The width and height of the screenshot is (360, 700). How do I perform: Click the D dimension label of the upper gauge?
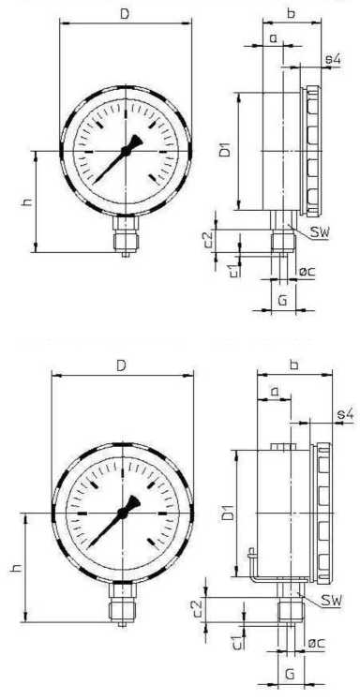click(125, 13)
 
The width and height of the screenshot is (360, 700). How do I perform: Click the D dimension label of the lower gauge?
click(121, 366)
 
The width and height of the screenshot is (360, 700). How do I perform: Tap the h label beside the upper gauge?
click(27, 201)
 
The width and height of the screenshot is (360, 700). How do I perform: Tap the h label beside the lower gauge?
click(16, 568)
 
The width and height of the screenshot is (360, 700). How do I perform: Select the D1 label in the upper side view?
click(227, 150)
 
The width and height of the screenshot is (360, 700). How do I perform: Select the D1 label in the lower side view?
click(228, 514)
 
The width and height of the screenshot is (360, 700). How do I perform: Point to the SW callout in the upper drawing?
click(320, 232)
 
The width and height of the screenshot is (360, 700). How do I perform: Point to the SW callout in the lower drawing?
click(332, 601)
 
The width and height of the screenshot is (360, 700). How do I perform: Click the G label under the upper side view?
click(282, 301)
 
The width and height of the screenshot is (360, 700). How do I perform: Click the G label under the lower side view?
click(290, 673)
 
